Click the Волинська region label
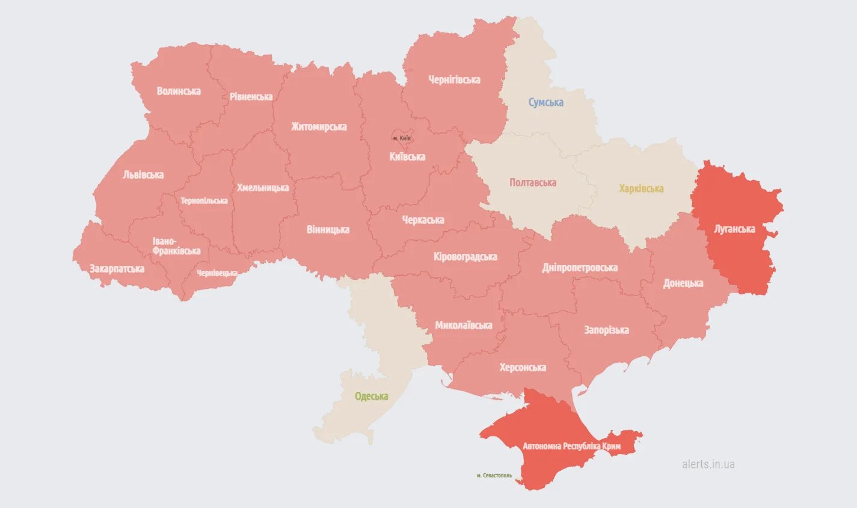tap(179, 91)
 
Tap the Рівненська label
tap(251, 97)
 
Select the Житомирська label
tap(319, 127)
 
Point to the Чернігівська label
tap(454, 79)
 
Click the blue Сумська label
tap(546, 102)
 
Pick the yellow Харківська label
tap(641, 188)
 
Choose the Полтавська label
tap(532, 182)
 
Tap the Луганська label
tap(734, 229)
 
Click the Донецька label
tap(683, 283)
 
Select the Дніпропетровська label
tap(580, 268)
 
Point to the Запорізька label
tap(606, 330)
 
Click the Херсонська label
tap(523, 367)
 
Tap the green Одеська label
tap(371, 396)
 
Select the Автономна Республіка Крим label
tap(571, 447)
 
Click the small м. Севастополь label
tap(494, 475)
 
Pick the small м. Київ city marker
tap(402, 138)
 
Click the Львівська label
tap(143, 175)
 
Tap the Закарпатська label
tap(117, 269)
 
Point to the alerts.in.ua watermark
tap(708, 464)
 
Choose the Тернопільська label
tap(204, 201)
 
